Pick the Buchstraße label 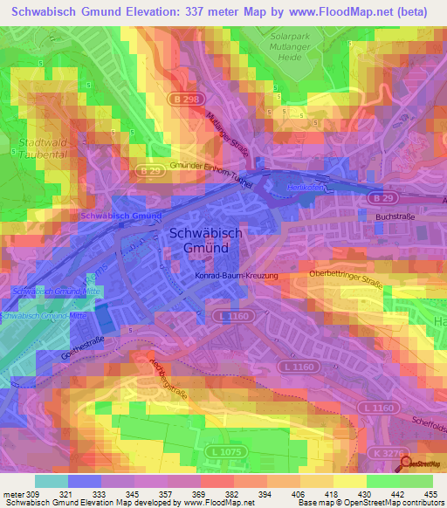[x=395, y=216]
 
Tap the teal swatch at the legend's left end [x=51, y=480]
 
